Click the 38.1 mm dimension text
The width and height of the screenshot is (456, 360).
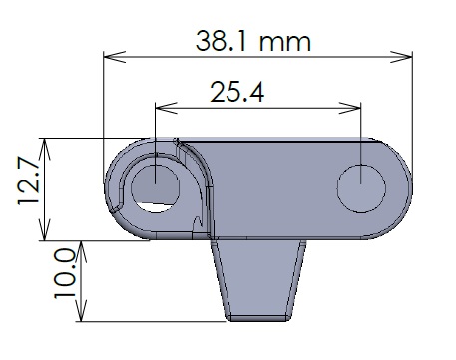pyautogui.click(x=253, y=41)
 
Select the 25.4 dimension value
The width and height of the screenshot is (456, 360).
pyautogui.click(x=237, y=92)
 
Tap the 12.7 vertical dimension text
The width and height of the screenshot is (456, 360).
pyautogui.click(x=29, y=181)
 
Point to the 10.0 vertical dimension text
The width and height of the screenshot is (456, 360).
pyautogui.click(x=65, y=274)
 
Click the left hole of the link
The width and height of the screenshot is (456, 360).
pyautogui.click(x=155, y=188)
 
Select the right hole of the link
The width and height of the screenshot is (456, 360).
pyautogui.click(x=361, y=188)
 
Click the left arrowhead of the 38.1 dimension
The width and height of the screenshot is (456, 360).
pyautogui.click(x=115, y=57)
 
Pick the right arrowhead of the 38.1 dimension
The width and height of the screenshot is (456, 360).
pyautogui.click(x=401, y=57)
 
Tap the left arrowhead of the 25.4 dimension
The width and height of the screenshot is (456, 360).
pyautogui.click(x=167, y=108)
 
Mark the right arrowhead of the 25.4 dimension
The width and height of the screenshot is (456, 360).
pyautogui.click(x=350, y=108)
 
